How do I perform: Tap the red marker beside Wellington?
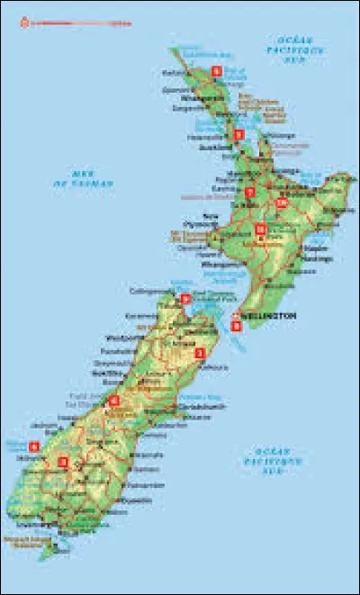[236, 325]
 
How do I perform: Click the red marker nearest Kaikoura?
[200, 354]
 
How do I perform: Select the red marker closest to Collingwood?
[185, 299]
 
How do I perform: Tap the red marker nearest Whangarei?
[216, 70]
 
